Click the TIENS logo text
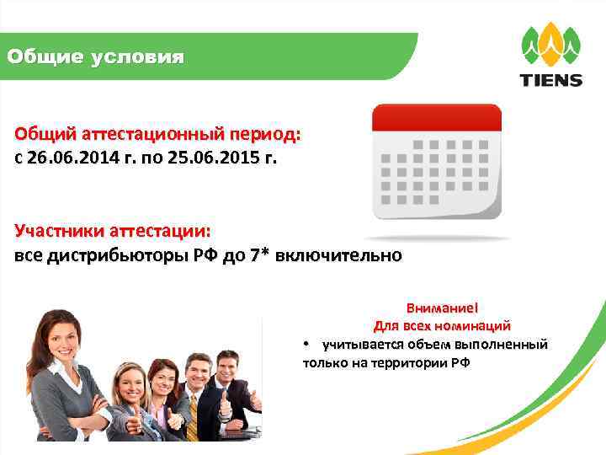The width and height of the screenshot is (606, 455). pyautogui.click(x=551, y=81)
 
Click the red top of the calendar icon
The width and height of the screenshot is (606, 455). pyautogui.click(x=436, y=116)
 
